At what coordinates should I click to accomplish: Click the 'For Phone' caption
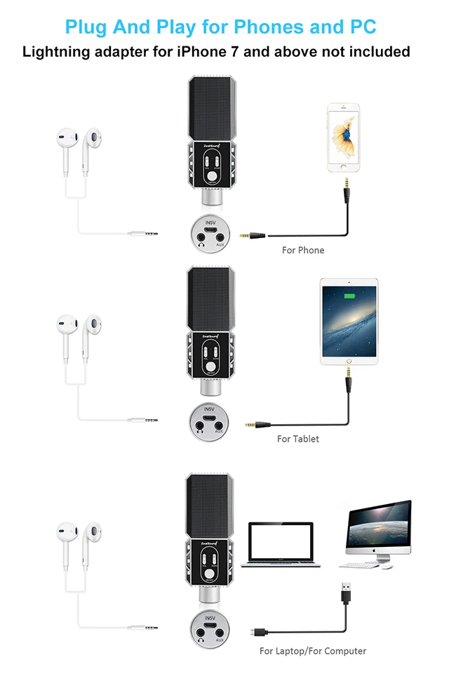point(303,250)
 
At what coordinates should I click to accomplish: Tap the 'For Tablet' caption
point(297,439)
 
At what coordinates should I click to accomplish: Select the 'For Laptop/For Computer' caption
point(313,651)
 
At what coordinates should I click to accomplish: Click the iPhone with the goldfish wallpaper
point(344,138)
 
